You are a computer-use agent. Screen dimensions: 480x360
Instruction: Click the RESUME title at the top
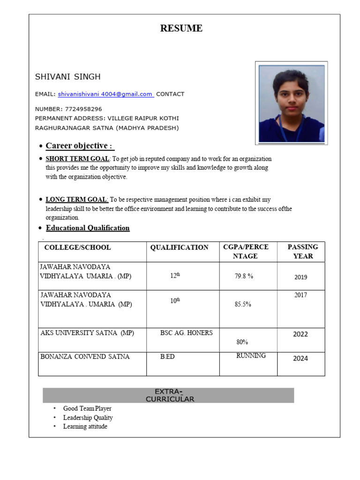(x=181, y=29)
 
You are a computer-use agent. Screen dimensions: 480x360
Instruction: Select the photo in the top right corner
(x=291, y=103)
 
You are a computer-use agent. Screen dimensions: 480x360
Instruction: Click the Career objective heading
(x=80, y=146)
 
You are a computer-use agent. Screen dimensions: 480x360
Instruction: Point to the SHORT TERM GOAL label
(x=77, y=159)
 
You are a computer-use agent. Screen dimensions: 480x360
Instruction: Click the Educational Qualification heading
(x=88, y=228)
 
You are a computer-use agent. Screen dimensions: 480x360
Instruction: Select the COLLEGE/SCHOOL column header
(x=77, y=247)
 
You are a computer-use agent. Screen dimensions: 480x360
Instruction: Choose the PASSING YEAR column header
(x=303, y=251)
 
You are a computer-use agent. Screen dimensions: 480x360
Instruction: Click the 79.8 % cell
(x=244, y=277)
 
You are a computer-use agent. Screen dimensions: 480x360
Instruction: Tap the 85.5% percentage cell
(x=243, y=304)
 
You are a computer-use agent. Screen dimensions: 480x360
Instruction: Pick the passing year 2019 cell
(x=301, y=277)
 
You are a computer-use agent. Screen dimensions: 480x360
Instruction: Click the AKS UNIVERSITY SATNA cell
(x=87, y=333)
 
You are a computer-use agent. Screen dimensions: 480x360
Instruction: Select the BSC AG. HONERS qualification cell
(x=186, y=333)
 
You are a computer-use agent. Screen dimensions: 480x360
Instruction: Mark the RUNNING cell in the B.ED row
(x=251, y=356)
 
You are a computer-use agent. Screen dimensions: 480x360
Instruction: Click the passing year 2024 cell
(x=300, y=359)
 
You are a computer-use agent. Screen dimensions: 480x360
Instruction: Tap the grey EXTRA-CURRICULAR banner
(x=168, y=395)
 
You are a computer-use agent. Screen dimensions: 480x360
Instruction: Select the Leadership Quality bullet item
(x=88, y=418)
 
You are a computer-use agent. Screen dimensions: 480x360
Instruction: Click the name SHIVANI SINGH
(x=67, y=77)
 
